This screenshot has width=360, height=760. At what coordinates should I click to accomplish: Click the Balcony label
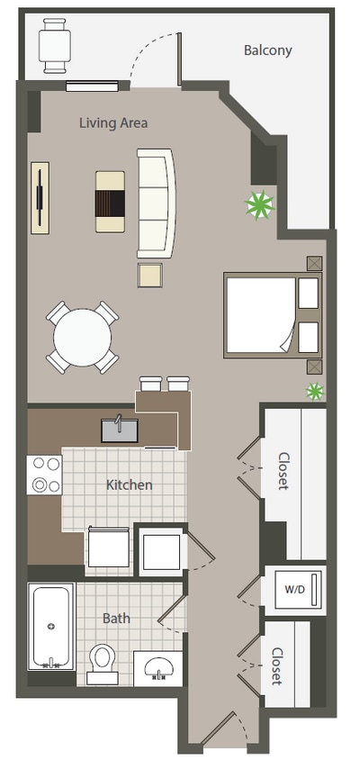pyautogui.click(x=267, y=50)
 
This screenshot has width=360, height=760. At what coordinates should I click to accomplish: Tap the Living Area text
pyautogui.click(x=113, y=122)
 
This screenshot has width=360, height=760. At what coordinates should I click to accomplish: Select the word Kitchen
pyautogui.click(x=130, y=484)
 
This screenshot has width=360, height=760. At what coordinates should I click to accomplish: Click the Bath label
pyautogui.click(x=116, y=618)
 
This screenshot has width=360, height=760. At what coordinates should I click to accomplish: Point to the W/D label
pyautogui.click(x=294, y=591)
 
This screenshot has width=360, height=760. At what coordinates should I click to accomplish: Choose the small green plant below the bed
pyautogui.click(x=314, y=391)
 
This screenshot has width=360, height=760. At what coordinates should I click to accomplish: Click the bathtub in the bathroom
pyautogui.click(x=50, y=627)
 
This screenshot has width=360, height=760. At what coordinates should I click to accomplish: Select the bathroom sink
pyautogui.click(x=158, y=667)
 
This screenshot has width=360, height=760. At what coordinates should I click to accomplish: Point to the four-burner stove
pyautogui.click(x=44, y=475)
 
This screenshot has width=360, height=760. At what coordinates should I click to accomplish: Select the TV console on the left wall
pyautogui.click(x=40, y=197)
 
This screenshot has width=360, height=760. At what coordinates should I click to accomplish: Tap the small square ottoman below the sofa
pyautogui.click(x=149, y=274)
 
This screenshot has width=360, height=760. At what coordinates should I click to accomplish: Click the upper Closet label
pyautogui.click(x=283, y=470)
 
